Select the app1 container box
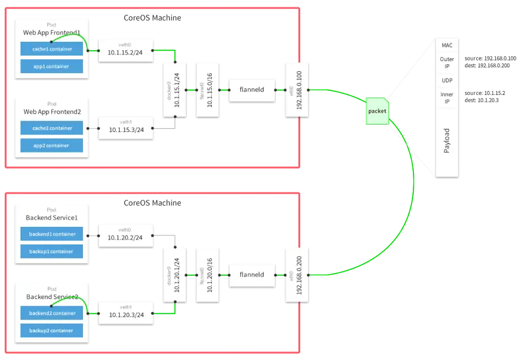pyautogui.click(x=51, y=67)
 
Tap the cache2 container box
pyautogui.click(x=51, y=128)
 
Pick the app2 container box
pyautogui.click(x=51, y=145)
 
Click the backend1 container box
pyautogui.click(x=51, y=234)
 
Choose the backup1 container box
pyautogui.click(x=51, y=251)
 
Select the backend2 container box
pyautogui.click(x=51, y=313)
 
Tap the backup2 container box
pyautogui.click(x=51, y=330)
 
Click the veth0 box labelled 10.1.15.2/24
pyautogui.click(x=125, y=51)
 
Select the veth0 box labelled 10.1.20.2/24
pyautogui.click(x=125, y=235)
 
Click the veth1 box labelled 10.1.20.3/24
pyautogui.click(x=125, y=312)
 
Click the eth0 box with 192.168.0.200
pyautogui.click(x=299, y=274)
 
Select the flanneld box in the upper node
pyautogui.click(x=252, y=90)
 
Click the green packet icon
pyautogui.click(x=376, y=112)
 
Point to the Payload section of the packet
pyautogui.click(x=447, y=141)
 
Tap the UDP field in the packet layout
pyautogui.click(x=447, y=80)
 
